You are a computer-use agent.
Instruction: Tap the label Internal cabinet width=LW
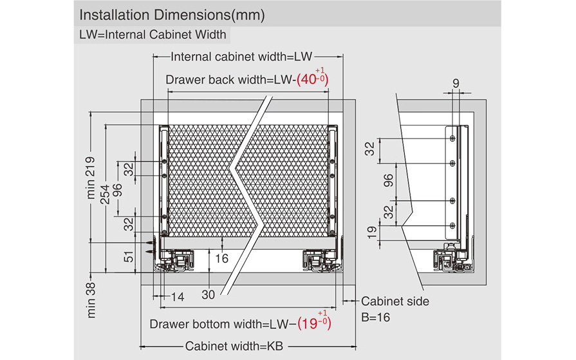(241, 57)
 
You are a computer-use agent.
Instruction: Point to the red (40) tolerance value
(313, 79)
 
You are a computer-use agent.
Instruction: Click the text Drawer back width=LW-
(230, 80)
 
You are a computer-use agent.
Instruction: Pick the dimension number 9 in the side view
(456, 83)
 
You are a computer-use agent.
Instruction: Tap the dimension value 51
(129, 258)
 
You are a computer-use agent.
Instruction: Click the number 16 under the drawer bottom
(221, 259)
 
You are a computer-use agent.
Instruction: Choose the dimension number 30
(207, 295)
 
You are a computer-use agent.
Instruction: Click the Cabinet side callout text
(395, 301)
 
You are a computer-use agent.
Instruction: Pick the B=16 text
(375, 317)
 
